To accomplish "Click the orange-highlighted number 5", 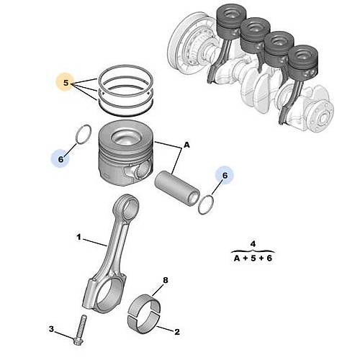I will (x=66, y=84).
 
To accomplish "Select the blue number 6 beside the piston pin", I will (x=225, y=175).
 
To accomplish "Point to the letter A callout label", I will (x=186, y=145).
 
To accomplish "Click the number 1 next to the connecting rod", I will (x=79, y=236).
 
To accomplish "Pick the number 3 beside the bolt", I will (x=51, y=329).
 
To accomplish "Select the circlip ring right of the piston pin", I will (x=206, y=204).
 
